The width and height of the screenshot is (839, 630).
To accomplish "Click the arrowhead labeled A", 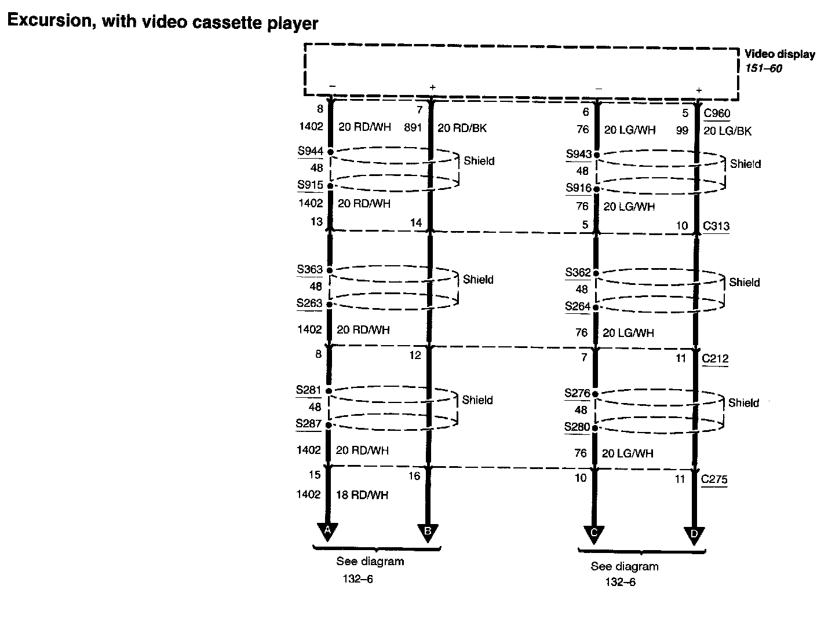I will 328,531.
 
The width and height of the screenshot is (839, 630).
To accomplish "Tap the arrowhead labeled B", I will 428,532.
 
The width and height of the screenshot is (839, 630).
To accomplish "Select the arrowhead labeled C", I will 594,534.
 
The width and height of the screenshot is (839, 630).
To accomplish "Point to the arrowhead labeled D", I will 694,535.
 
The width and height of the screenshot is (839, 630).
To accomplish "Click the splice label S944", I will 310,152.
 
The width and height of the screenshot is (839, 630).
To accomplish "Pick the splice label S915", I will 310,185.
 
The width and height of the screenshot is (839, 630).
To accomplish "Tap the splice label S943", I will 579,155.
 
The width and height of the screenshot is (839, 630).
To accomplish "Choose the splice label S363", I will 310,270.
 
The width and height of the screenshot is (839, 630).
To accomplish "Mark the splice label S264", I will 578,307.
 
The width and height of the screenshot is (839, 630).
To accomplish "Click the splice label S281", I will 309,390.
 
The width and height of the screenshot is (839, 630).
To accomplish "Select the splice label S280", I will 577,427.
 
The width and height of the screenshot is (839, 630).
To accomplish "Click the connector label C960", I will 717,113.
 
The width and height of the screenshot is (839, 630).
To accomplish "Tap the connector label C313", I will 716,226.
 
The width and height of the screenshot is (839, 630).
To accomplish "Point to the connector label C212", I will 715,358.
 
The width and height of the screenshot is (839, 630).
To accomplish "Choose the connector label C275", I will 714,479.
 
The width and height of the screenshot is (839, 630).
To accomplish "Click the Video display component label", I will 779,54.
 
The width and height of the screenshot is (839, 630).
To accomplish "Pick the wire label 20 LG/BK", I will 727,131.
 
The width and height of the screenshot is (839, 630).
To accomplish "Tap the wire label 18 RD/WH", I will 363,495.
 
